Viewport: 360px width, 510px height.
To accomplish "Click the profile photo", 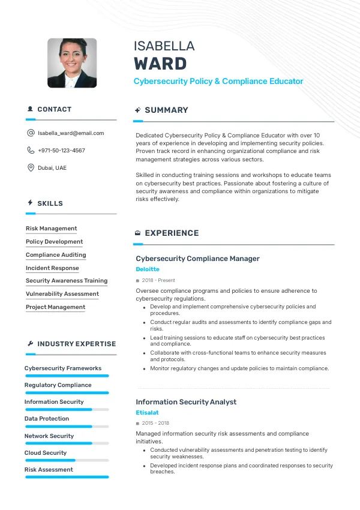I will click(x=72, y=63).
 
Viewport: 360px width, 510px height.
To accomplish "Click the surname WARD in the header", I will click(x=160, y=63).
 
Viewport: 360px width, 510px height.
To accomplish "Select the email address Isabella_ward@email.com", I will click(x=71, y=133).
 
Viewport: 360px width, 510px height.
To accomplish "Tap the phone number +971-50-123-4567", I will click(x=61, y=151).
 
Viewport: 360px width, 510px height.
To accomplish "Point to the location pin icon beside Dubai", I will click(x=31, y=168).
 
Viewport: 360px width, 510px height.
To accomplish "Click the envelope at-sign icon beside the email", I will click(x=31, y=133).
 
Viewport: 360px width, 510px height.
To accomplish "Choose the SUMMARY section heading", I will click(x=166, y=110).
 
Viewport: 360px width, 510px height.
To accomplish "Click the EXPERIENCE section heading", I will click(x=172, y=233).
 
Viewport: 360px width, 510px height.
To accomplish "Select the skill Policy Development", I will click(x=54, y=242).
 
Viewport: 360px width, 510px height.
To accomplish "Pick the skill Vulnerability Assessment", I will click(x=62, y=294).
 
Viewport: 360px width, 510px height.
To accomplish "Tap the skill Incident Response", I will click(x=52, y=268).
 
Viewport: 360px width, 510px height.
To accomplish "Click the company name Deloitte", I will click(x=148, y=269).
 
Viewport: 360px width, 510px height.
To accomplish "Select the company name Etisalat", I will click(x=147, y=413).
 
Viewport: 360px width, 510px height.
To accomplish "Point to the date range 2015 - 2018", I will click(x=155, y=423).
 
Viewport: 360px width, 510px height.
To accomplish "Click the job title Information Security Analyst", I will click(x=186, y=402).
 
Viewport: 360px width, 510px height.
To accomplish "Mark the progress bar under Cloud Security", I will click(x=67, y=460).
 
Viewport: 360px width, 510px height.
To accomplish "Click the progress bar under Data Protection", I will click(x=67, y=427).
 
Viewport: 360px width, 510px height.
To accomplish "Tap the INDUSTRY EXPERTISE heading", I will click(x=76, y=344).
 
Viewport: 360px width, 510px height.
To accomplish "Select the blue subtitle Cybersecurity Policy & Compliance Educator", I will click(x=218, y=81).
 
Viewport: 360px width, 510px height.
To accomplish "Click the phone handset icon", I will click(x=31, y=151).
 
